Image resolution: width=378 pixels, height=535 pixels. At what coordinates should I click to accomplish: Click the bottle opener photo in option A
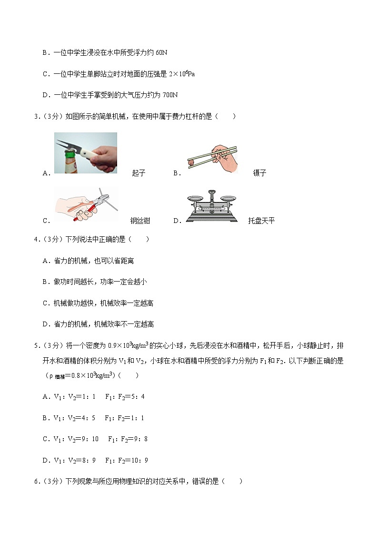pos(86,153)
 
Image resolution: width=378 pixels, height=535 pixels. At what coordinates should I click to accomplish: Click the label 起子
pos(139,173)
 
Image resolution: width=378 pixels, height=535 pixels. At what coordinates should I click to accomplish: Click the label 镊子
pos(259,173)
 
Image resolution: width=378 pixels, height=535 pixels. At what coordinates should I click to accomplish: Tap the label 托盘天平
pos(261,221)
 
